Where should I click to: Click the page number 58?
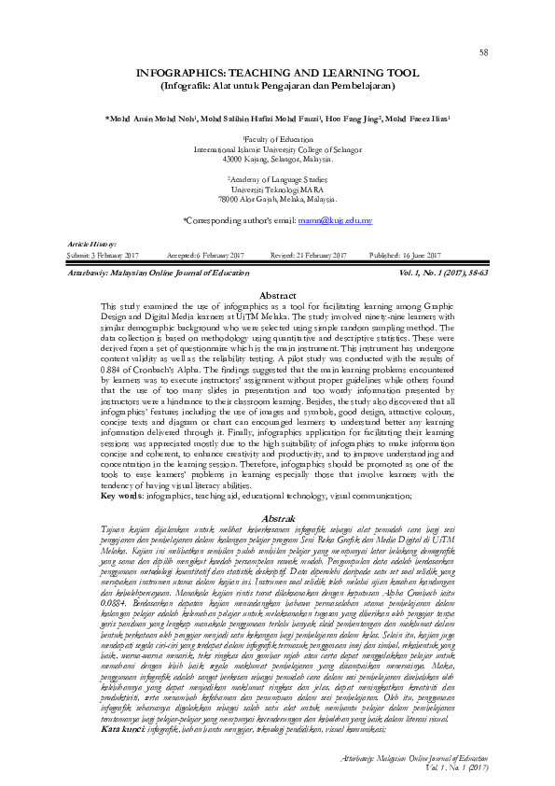[484, 53]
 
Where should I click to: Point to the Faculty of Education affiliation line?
[277, 140]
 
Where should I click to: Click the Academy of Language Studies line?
[277, 177]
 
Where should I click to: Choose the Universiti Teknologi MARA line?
[277, 189]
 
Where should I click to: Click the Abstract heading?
[276, 295]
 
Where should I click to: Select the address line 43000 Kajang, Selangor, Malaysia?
[277, 161]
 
